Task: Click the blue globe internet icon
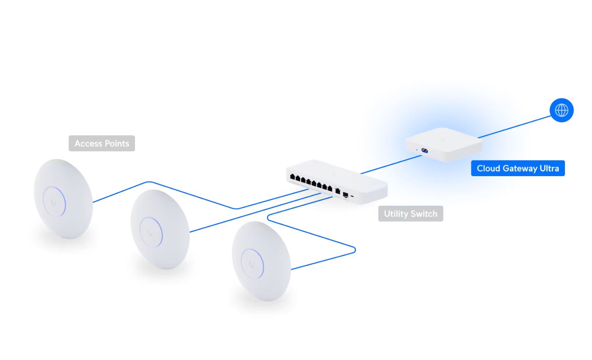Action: (x=561, y=110)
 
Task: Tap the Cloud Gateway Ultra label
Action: (x=518, y=168)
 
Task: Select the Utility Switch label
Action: (x=410, y=214)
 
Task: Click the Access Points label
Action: (x=102, y=143)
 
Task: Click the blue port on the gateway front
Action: (x=425, y=150)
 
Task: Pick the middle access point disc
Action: (x=160, y=229)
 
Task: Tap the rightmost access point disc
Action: (x=261, y=261)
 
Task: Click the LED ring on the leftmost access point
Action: (x=64, y=201)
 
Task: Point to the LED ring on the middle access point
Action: (x=161, y=232)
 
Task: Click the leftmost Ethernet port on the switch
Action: (x=292, y=177)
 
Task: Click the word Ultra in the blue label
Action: (x=549, y=168)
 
